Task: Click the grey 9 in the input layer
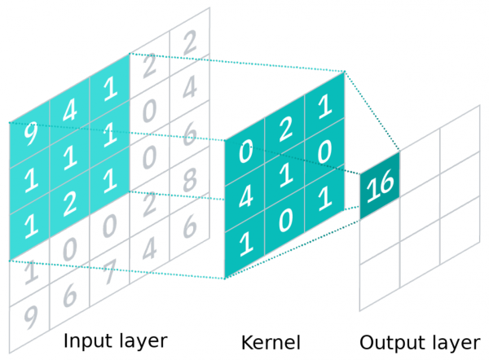click(x=30, y=315)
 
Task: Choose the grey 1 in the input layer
click(x=30, y=272)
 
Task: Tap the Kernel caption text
click(x=271, y=341)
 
